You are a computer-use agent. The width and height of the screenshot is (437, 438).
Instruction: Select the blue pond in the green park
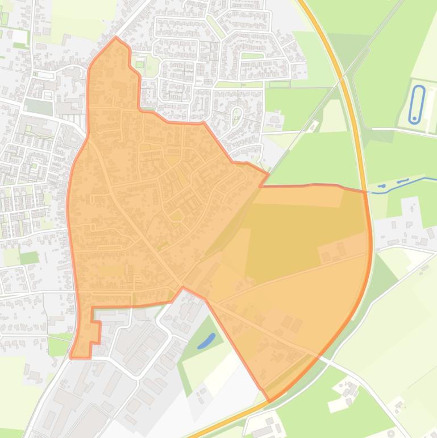click(206, 341)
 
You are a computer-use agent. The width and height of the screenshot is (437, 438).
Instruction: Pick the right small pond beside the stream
click(403, 181)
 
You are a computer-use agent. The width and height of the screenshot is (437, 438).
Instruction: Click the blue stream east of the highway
click(421, 180)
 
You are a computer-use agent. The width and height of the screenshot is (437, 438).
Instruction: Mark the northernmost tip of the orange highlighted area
click(116, 38)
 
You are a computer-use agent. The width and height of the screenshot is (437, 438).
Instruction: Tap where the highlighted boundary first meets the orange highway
click(364, 191)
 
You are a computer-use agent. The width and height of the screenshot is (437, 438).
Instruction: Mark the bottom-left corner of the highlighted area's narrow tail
click(71, 357)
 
